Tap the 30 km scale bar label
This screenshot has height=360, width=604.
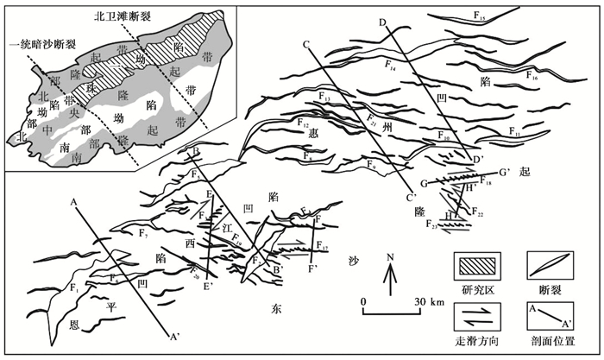(411, 300)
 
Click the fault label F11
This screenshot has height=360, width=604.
(514, 134)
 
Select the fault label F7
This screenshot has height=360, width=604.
(143, 236)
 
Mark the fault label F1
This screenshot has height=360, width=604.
(74, 287)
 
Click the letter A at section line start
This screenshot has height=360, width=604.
(75, 202)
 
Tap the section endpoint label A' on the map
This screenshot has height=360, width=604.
(175, 335)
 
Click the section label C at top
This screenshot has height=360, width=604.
(305, 45)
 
